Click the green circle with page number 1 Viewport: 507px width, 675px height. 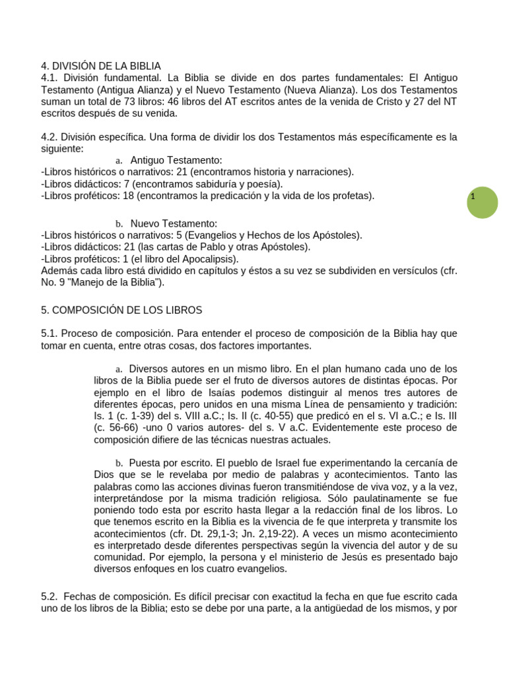point(482,202)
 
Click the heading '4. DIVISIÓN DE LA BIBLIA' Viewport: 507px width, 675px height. point(101,66)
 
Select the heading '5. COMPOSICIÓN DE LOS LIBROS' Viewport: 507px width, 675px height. point(121,310)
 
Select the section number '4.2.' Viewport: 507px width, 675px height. point(50,137)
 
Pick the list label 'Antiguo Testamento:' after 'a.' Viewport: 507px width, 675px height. point(176,160)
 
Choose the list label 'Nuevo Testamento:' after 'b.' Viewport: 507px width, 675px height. point(174,223)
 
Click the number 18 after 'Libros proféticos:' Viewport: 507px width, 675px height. point(128,196)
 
